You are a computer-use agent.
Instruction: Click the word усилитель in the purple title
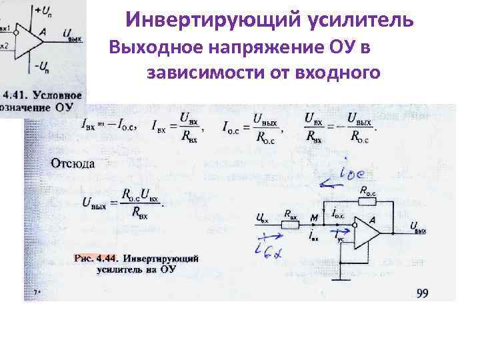[x=361, y=21]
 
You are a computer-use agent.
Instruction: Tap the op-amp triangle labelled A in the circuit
[x=367, y=232]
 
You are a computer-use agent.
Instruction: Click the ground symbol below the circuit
[x=341, y=279]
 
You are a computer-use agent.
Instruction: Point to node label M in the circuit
[x=313, y=216]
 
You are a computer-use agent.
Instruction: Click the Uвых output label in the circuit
[x=418, y=227]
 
